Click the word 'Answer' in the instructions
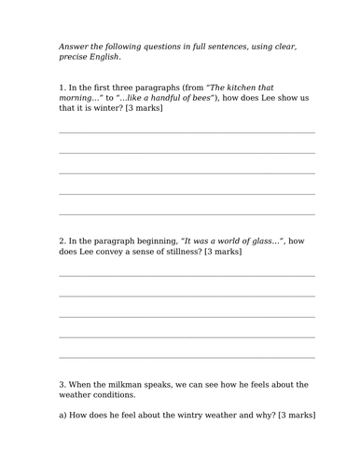[x=72, y=46]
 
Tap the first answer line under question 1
[x=187, y=132]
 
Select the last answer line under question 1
[x=187, y=213]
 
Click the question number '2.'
[x=62, y=240]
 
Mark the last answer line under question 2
[x=187, y=356]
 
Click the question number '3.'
[x=62, y=384]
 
